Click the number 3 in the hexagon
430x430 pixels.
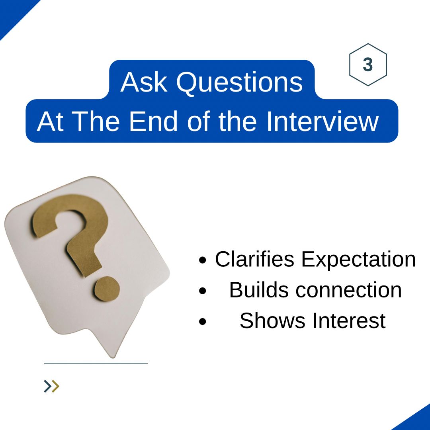pos(368,65)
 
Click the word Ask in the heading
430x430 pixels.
pos(144,82)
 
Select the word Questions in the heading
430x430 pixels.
pos(239,83)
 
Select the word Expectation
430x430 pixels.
pos(358,260)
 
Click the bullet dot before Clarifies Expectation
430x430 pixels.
pos(203,261)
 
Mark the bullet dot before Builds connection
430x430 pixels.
pos(203,291)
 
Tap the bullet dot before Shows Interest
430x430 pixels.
pos(203,322)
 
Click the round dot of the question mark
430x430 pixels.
pos(106,287)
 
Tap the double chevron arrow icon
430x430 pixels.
pos(51,386)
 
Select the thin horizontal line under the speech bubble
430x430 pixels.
pos(96,363)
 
